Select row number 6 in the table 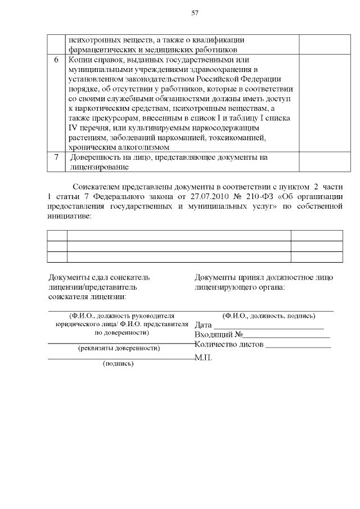point(56,60)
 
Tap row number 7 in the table point(56,157)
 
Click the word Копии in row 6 point(80,60)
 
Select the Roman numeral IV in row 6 point(74,128)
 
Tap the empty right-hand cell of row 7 point(320,162)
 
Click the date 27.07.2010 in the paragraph point(205,197)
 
